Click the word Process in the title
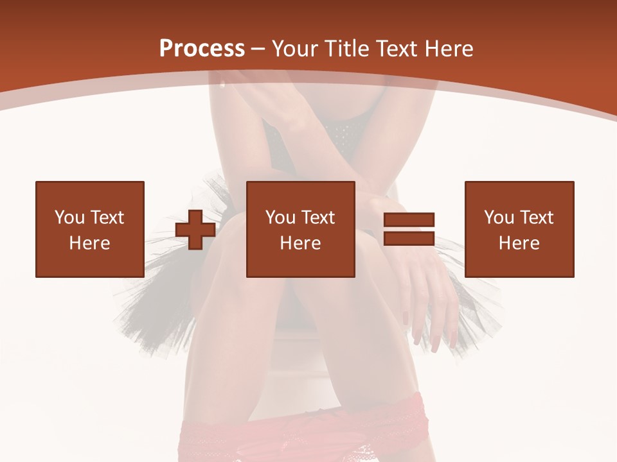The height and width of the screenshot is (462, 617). (x=202, y=49)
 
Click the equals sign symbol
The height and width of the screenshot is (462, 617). (x=409, y=229)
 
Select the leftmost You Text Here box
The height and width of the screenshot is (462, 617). (x=90, y=229)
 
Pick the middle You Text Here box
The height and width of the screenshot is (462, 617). (x=301, y=229)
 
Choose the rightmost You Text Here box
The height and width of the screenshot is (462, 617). (x=519, y=229)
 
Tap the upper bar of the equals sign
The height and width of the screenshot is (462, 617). (x=409, y=220)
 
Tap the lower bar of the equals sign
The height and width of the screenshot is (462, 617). (x=409, y=238)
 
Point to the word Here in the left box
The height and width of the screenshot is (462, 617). (x=90, y=243)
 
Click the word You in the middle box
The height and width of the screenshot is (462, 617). (x=280, y=218)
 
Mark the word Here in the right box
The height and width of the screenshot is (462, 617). (x=519, y=243)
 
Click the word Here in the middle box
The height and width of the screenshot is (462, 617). (x=301, y=243)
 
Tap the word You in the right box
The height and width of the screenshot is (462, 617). (x=499, y=218)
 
